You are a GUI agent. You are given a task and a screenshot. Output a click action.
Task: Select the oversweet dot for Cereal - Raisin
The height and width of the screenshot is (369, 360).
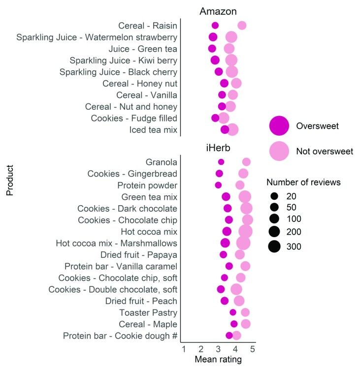pyautogui.click(x=215, y=26)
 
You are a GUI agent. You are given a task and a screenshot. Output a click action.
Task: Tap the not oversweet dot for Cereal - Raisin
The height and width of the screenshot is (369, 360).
pyautogui.click(x=242, y=26)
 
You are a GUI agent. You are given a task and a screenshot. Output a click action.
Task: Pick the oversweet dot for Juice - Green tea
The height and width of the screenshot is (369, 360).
pyautogui.click(x=212, y=49)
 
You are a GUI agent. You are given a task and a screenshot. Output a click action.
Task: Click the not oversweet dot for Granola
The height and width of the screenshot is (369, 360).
pyautogui.click(x=246, y=162)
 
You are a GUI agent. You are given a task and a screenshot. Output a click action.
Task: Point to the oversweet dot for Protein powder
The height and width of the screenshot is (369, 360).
pyautogui.click(x=218, y=185)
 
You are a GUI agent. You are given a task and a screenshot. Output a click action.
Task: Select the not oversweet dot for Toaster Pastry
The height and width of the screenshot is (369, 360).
pyautogui.click(x=245, y=312)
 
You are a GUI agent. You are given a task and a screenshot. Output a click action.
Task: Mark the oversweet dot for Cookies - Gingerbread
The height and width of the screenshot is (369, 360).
pyautogui.click(x=219, y=173)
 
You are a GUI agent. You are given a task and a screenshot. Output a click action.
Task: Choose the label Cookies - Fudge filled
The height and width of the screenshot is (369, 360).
pyautogui.click(x=134, y=118)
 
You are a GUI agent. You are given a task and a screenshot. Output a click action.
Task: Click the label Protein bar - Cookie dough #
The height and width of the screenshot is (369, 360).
pyautogui.click(x=120, y=336)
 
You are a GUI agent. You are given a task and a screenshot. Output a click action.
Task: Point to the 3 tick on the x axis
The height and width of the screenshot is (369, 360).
pyautogui.click(x=218, y=349)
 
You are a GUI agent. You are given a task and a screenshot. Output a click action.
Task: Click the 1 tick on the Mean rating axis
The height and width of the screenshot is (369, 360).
pyautogui.click(x=183, y=349)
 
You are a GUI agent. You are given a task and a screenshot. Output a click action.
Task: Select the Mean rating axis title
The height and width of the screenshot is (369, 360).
pyautogui.click(x=218, y=360)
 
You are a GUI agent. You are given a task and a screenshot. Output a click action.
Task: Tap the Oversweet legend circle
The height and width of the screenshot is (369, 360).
pyautogui.click(x=279, y=126)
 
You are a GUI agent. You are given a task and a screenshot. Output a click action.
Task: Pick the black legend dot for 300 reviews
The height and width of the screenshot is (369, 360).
pyautogui.click(x=274, y=246)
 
